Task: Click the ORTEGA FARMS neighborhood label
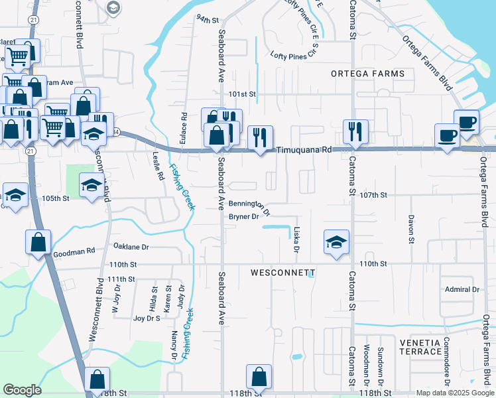368,74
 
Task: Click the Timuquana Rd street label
303,151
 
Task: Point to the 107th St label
373,195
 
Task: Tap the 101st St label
242,95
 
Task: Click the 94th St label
207,19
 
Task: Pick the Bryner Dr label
243,217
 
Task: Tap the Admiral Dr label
462,289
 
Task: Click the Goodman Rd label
74,251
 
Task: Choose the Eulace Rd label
184,125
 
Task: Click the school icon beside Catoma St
336,241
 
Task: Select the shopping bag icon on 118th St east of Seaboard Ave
259,377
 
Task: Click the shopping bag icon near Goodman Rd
38,241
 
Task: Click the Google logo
23,390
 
